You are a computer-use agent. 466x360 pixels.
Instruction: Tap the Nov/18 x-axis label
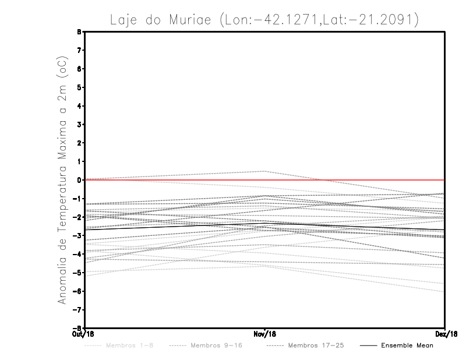point(265,334)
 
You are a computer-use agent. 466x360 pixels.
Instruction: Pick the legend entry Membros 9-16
point(216,345)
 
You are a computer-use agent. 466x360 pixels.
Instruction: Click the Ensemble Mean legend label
point(407,345)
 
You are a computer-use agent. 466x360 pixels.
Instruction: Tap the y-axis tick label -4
point(78,254)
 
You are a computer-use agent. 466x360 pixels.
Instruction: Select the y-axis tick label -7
point(78,309)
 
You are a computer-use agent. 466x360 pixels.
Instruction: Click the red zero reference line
point(349,180)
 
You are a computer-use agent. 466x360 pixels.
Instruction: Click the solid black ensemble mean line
point(175,225)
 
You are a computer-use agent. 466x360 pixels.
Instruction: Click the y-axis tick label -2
point(78,217)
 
